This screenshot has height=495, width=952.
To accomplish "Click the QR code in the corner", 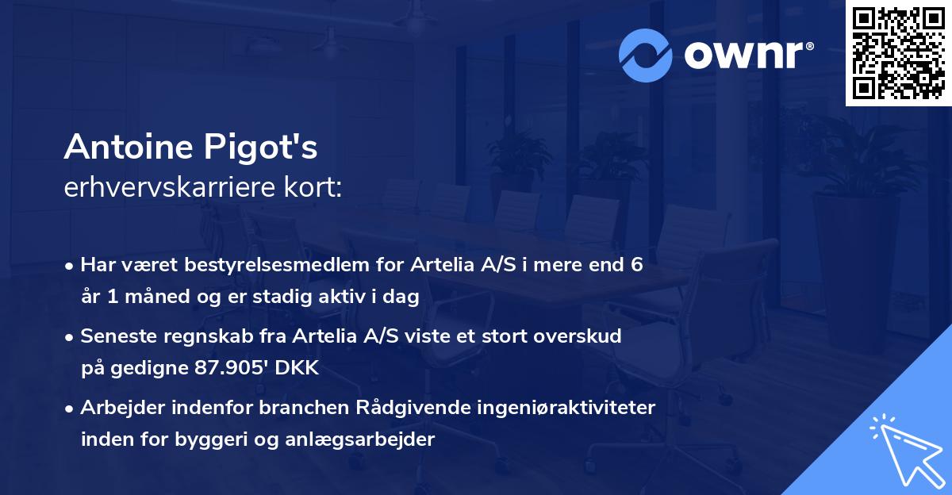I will coord(898,53).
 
